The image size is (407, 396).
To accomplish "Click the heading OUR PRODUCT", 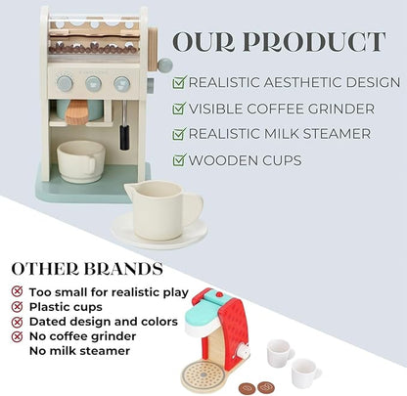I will [279, 43].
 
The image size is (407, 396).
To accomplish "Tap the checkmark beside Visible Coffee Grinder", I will [179, 108].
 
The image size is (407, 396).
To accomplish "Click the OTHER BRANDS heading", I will [87, 268].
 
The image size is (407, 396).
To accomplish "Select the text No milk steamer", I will [79, 350].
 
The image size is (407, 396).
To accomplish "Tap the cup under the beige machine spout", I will [80, 159].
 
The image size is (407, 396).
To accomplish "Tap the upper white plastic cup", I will [280, 352].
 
